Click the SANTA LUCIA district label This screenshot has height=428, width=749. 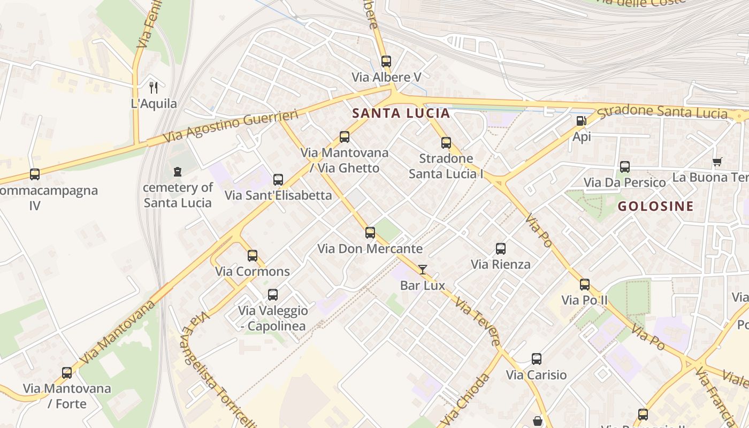tap(401, 113)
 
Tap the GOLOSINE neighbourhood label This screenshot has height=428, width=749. tap(655, 206)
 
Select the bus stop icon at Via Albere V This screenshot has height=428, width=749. tap(386, 62)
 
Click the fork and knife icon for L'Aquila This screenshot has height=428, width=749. tap(154, 88)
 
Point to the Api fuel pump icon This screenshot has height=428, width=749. tap(582, 121)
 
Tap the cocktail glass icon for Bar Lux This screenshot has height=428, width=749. tap(423, 270)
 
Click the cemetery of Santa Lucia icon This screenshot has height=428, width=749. tap(178, 172)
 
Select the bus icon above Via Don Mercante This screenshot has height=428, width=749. tap(370, 233)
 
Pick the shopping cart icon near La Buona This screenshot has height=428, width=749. tap(717, 162)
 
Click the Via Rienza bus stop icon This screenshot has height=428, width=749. tap(501, 249)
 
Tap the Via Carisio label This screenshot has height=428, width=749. tap(536, 375)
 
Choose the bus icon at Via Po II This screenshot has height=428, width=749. tap(585, 285)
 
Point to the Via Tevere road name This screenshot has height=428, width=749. tap(478, 322)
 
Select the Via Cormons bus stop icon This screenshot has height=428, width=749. tap(253, 256)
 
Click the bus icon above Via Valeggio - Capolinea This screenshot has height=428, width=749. tap(273, 295)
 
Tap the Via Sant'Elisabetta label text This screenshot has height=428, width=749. tap(278, 195)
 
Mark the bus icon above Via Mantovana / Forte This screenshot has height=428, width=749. tap(67, 373)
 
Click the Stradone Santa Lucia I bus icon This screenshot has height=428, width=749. tap(446, 143)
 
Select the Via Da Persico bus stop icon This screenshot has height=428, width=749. tap(625, 167)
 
